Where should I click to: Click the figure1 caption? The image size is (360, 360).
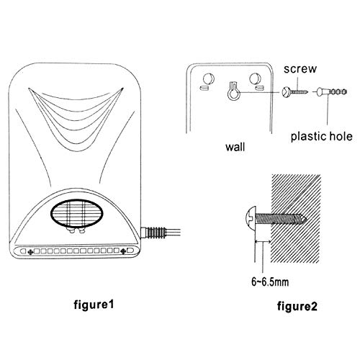click(x=94, y=305)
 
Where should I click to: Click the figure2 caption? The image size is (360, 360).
click(x=297, y=306)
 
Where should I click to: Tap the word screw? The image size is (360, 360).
click(x=300, y=69)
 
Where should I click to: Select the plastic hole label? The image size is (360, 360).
click(x=322, y=137)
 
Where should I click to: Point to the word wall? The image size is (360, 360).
click(x=235, y=147)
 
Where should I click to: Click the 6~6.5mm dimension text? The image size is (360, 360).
click(x=270, y=282)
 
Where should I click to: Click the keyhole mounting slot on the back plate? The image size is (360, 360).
click(x=233, y=91)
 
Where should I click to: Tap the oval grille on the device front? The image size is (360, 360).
click(x=77, y=213)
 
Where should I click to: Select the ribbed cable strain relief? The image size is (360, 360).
click(x=153, y=233)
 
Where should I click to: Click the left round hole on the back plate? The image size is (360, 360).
click(x=208, y=78)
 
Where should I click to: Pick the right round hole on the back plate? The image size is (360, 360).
click(x=255, y=78)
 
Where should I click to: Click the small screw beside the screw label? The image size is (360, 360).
click(x=294, y=92)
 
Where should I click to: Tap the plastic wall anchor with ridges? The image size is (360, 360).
click(x=332, y=91)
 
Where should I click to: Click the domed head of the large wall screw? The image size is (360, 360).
click(x=251, y=217)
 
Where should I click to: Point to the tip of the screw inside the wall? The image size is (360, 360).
click(x=307, y=218)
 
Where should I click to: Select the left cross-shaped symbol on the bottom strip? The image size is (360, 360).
click(x=30, y=252)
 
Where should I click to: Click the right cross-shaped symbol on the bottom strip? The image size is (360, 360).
click(x=123, y=251)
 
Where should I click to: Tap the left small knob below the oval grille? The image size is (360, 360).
click(x=71, y=231)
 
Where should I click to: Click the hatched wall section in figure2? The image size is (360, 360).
click(x=296, y=218)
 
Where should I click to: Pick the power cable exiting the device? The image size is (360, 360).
click(x=173, y=233)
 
